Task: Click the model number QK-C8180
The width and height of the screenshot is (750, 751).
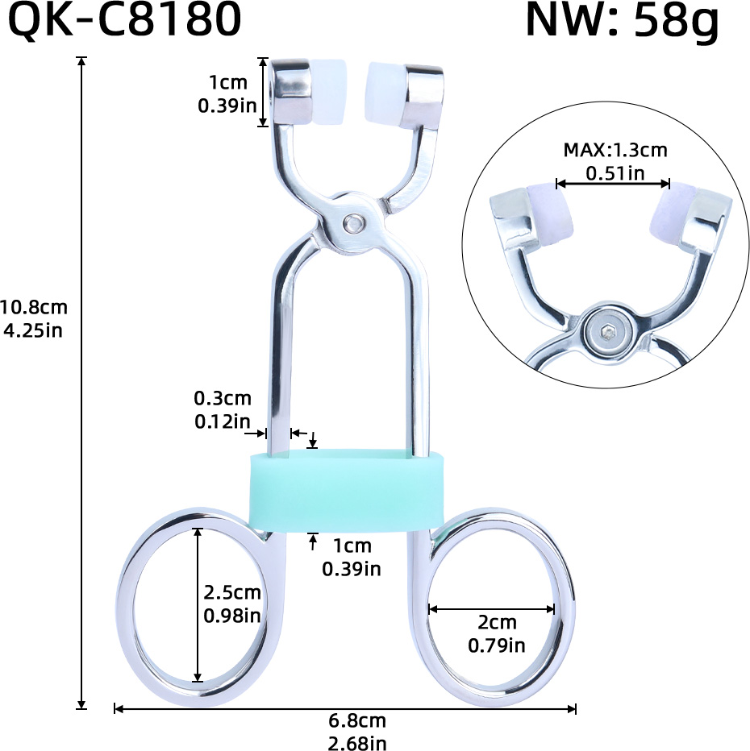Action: [x=124, y=22]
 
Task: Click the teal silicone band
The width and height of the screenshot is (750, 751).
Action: [x=348, y=490]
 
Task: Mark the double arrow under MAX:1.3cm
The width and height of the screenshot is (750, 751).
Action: [x=614, y=184]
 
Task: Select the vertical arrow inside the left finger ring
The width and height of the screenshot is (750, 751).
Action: [x=198, y=604]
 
